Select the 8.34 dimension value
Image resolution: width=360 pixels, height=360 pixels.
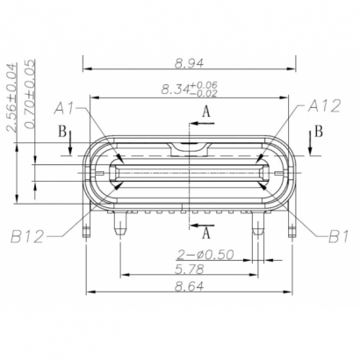pyautogui.click(x=179, y=89)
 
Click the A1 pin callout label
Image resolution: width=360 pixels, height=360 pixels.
pyautogui.click(x=65, y=108)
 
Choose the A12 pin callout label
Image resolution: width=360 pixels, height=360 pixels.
pyautogui.click(x=323, y=106)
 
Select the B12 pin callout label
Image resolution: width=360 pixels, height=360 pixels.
pyautogui.click(x=30, y=235)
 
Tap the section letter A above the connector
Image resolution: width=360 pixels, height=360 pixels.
pyautogui.click(x=206, y=112)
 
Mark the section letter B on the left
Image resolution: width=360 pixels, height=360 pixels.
pyautogui.click(x=61, y=132)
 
